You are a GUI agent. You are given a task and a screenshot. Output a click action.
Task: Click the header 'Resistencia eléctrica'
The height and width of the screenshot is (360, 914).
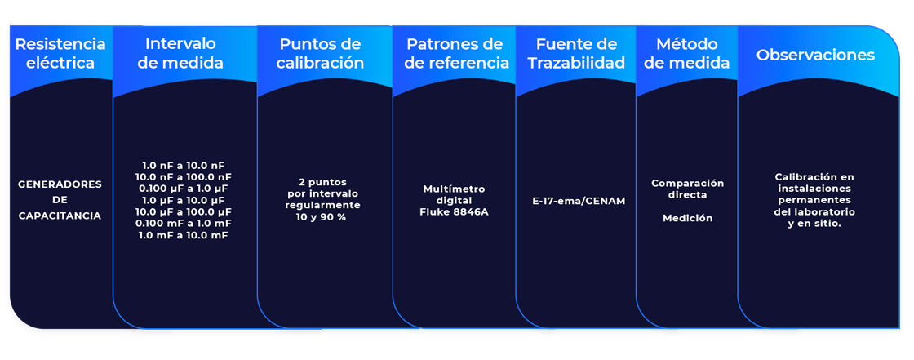coord(60,53)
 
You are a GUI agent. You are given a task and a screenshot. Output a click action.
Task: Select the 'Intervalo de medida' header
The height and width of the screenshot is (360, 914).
coord(180,53)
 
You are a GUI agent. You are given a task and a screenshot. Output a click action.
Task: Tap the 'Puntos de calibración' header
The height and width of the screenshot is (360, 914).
coord(321,53)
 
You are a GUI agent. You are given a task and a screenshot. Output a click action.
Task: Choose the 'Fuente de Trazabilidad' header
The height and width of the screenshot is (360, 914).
coord(575,53)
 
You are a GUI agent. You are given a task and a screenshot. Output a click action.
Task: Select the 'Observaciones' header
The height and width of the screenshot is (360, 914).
coord(815,56)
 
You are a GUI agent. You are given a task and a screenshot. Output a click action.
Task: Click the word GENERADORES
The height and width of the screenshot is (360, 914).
coord(60,184)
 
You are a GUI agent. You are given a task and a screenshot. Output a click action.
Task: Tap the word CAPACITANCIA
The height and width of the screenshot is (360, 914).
coord(60,216)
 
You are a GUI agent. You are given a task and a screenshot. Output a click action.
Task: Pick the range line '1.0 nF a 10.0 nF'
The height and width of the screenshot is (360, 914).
coord(184,165)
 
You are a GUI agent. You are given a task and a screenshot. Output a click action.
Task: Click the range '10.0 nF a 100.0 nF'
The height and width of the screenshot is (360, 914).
coord(184,176)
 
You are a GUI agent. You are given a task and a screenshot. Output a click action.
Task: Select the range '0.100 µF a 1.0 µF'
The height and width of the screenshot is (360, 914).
coord(184,188)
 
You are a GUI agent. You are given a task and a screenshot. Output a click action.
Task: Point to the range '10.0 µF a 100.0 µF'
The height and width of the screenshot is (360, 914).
coord(184,211)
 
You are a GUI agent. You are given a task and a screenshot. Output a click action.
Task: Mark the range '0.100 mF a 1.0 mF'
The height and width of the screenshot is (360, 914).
coord(184,223)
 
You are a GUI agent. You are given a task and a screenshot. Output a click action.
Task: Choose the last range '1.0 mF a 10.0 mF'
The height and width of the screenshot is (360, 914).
coord(184,235)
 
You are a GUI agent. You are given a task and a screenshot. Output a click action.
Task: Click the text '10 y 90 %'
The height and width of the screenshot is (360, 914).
coord(321,217)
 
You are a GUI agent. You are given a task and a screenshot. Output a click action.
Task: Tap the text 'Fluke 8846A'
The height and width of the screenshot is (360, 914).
coord(455,212)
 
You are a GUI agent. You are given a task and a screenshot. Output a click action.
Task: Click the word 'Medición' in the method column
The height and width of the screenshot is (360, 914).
coord(687,218)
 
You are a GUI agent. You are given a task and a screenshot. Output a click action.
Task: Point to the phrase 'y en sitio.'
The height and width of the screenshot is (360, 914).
coord(814,223)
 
